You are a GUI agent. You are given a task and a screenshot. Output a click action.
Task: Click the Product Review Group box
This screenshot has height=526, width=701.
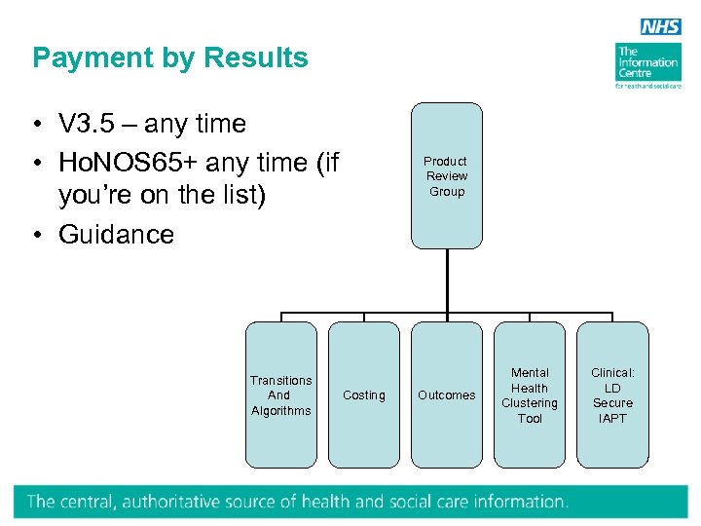point(446,176)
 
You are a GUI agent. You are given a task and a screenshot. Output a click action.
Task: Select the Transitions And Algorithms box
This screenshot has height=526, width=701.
point(280,394)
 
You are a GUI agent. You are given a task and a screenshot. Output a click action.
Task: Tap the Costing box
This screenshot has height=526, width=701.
point(364,394)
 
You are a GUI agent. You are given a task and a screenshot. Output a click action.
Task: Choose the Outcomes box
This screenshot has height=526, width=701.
point(447,394)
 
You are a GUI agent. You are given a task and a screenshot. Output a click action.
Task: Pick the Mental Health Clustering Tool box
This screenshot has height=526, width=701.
point(530,394)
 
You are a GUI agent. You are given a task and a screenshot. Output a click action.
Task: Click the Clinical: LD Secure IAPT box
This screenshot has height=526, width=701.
point(612,394)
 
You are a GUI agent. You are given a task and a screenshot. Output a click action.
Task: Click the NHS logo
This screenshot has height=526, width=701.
point(660,27)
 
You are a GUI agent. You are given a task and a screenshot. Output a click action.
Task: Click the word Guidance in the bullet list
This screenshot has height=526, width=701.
point(116,235)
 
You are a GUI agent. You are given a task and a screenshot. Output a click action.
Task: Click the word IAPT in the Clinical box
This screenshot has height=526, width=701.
point(612,418)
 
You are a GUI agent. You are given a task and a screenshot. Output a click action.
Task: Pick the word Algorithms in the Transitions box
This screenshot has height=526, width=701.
point(280,410)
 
